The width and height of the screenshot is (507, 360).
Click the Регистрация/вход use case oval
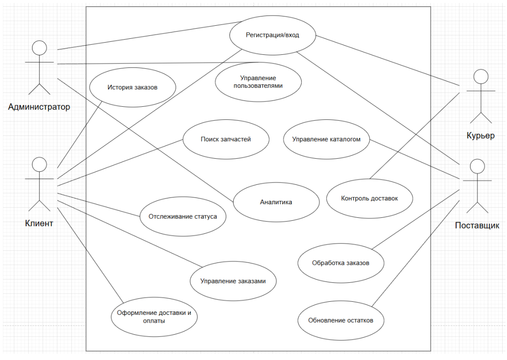pos(272,35)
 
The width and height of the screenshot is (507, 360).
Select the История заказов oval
pos(133,88)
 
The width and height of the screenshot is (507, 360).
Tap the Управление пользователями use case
pos(258,82)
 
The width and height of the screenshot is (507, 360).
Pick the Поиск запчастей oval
pos(226,139)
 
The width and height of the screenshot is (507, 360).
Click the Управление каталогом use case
pos(326,139)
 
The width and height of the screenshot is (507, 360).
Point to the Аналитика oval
pos(276,202)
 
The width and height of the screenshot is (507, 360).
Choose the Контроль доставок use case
pos(370,198)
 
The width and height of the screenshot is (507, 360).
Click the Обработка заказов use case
pos(340,263)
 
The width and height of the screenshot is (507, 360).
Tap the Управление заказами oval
pos(233,281)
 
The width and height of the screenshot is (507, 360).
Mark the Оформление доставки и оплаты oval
pos(154,317)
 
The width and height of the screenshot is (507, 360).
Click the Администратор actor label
pos(39,107)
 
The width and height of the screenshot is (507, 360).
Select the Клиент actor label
pos(39,223)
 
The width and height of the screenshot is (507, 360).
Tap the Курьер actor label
pos(480,135)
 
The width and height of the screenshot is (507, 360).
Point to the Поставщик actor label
pos(477,226)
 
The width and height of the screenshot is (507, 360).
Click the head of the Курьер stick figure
pos(480,77)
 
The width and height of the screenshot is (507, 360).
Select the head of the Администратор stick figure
pos(39,48)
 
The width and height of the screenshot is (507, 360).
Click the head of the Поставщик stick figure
pos(477,166)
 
